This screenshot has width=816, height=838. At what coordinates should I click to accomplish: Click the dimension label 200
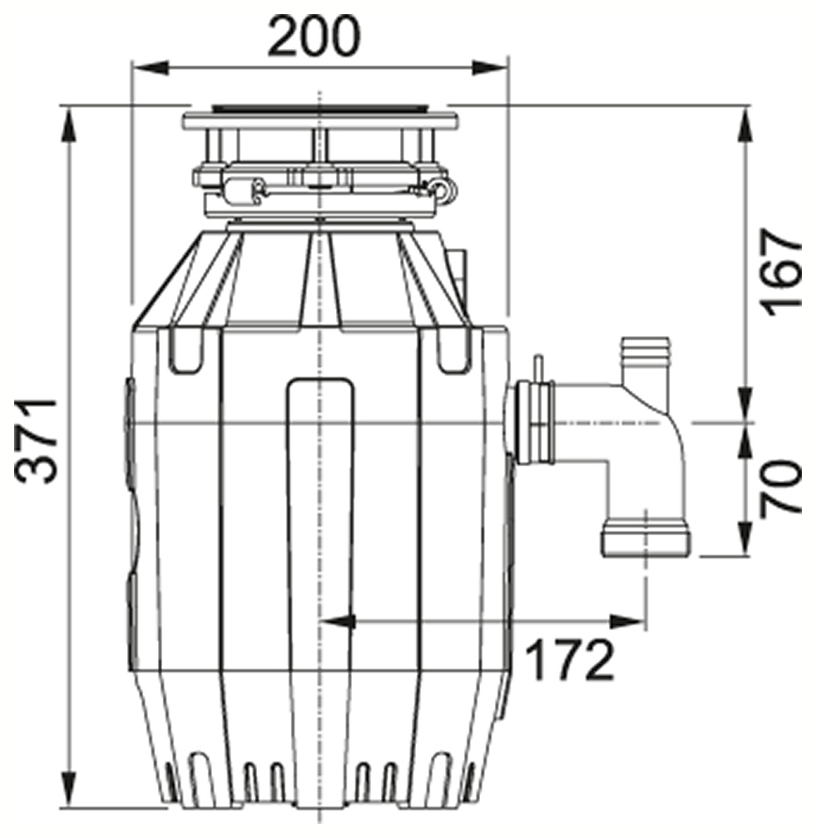point(314,36)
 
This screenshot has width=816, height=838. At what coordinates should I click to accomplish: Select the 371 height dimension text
point(36,441)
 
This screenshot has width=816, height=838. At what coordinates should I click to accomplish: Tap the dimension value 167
point(782,273)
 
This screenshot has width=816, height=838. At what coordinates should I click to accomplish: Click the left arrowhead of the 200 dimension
point(151,68)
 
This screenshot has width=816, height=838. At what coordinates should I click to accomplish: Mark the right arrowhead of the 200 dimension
point(489,68)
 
